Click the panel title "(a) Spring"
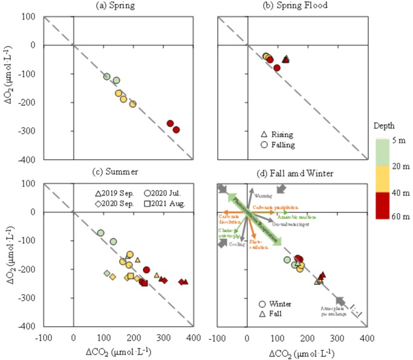click(x=132, y=5)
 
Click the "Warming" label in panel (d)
click(x=262, y=195)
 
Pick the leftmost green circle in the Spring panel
click(x=106, y=77)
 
